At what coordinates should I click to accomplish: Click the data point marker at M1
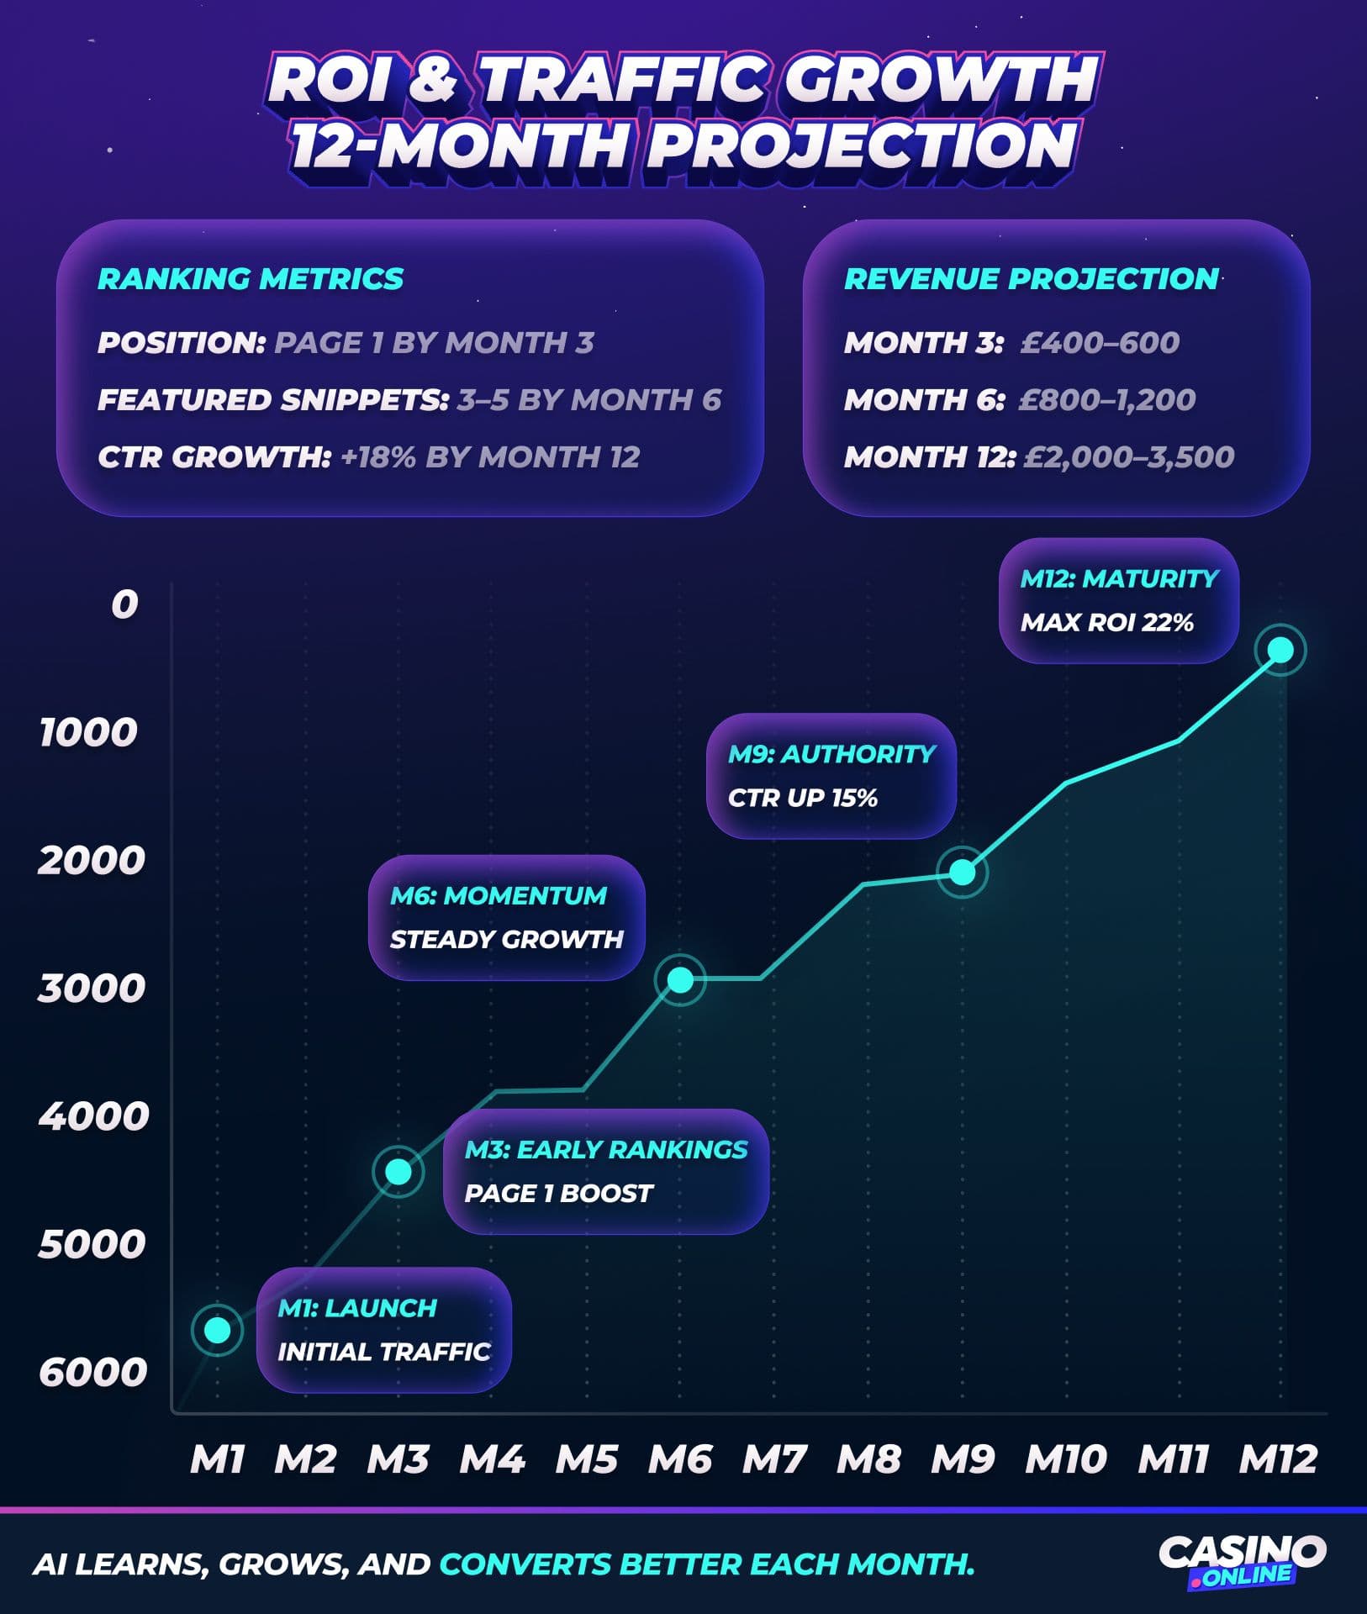[x=217, y=1330]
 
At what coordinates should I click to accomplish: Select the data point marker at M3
[x=398, y=1171]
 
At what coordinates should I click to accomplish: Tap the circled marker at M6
[x=680, y=979]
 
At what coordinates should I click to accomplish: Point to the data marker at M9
[x=962, y=873]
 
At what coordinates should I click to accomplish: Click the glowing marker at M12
[x=1280, y=650]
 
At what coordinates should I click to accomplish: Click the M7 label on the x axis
[x=773, y=1459]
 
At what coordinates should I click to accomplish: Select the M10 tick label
[x=1065, y=1459]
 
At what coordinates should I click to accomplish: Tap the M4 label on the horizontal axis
[x=492, y=1459]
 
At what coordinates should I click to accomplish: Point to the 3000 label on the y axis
[x=92, y=989]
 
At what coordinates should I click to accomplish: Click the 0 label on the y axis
[x=124, y=604]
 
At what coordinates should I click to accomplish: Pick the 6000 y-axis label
[x=92, y=1372]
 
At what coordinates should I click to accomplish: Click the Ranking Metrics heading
[x=251, y=279]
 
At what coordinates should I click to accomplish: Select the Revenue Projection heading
[x=1032, y=279]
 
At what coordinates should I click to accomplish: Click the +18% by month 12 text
[x=490, y=457]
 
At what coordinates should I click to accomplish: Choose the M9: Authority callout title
[x=831, y=754]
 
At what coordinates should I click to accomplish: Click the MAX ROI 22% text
[x=1106, y=623]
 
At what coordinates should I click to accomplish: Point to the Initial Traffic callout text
[x=383, y=1352]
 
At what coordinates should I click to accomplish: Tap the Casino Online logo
[x=1242, y=1562]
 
